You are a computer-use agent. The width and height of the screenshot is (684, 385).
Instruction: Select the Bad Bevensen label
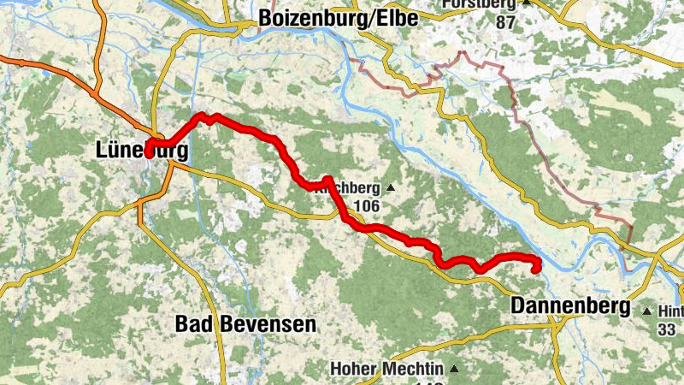245,324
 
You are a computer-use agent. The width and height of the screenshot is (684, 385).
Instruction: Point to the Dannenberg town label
569,305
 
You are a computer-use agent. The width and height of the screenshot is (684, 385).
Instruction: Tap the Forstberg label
479,4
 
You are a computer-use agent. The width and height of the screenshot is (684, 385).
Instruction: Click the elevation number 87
505,22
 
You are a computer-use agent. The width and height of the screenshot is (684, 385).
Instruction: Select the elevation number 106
366,206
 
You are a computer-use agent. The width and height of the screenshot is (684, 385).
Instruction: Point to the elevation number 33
667,328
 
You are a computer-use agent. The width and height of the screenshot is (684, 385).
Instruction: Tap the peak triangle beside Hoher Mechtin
454,370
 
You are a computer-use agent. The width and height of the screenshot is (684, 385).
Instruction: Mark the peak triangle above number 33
646,311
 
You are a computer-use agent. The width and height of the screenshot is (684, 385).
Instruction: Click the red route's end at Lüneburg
148,154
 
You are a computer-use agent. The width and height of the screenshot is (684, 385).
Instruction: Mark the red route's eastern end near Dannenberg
536,270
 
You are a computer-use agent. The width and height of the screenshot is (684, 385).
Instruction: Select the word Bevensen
265,324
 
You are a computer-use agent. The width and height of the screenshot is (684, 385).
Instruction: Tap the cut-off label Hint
672,312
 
